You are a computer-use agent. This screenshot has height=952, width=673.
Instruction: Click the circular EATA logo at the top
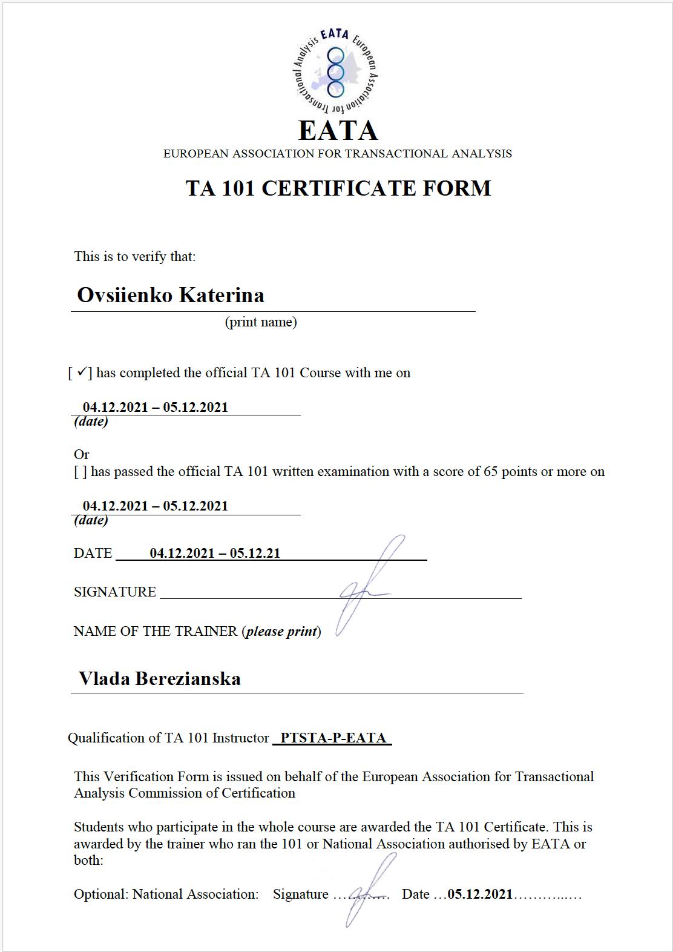[x=336, y=72]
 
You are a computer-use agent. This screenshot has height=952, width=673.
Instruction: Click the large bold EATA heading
[x=338, y=130]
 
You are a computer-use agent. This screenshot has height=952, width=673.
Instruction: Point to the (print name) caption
[x=261, y=322]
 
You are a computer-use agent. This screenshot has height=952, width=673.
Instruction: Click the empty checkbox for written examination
[x=80, y=472]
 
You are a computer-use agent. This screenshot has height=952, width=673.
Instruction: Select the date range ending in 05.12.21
[x=215, y=553]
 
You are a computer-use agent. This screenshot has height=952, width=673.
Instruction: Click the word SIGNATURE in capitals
[x=115, y=592]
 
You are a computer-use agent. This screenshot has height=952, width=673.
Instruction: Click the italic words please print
[x=281, y=631]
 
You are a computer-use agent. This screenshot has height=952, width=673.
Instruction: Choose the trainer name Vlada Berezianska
[x=160, y=678]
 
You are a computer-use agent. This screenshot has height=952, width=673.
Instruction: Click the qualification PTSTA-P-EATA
[x=333, y=738]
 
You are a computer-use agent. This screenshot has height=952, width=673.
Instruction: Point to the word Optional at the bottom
[x=99, y=894]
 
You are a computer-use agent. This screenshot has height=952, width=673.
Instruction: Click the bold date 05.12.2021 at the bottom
[x=480, y=894]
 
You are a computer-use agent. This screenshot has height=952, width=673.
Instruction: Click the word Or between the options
[x=82, y=454]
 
